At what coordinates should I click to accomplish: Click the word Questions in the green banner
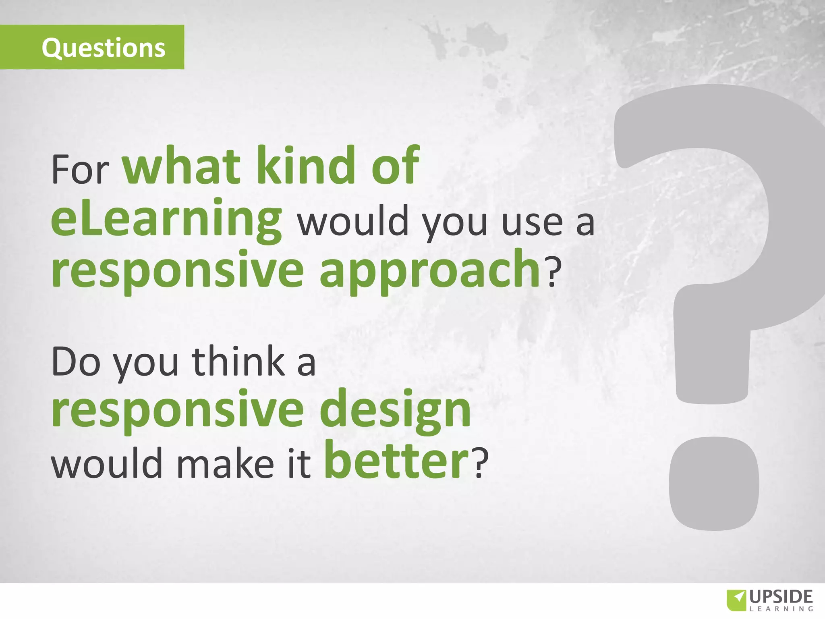(x=104, y=48)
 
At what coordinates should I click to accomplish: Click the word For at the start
(x=80, y=169)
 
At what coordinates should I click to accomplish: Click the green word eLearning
(x=166, y=220)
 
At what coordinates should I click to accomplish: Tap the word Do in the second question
(x=76, y=361)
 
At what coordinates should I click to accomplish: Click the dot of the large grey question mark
(x=713, y=484)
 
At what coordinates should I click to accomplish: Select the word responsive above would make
(x=177, y=411)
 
